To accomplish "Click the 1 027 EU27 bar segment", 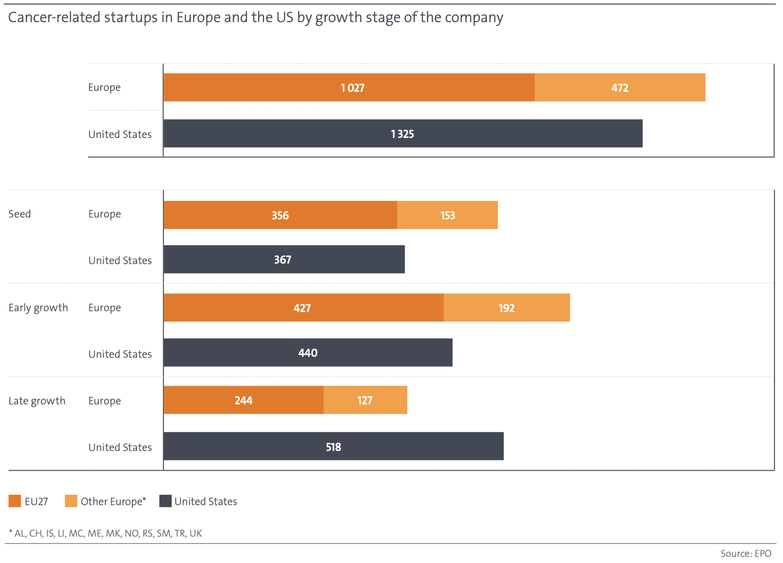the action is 349,87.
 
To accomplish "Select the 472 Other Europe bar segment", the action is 620,87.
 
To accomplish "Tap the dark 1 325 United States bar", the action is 403,133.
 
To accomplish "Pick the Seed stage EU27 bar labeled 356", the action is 281,215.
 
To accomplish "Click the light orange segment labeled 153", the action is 447,215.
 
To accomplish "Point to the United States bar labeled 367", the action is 284,259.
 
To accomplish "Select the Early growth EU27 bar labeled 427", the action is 304,307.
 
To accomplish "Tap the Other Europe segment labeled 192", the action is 507,307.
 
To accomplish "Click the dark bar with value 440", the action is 308,352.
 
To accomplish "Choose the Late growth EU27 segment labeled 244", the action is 244,400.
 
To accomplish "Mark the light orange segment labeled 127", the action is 365,400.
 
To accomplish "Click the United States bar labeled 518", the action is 333,446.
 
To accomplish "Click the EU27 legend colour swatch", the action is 15,501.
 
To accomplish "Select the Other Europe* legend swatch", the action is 71,501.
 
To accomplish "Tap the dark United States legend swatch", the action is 166,501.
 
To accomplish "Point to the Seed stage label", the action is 20,214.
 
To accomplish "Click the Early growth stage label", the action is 38,308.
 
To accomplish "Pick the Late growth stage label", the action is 37,401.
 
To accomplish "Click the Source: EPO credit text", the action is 746,553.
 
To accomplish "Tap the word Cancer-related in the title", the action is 54,17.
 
